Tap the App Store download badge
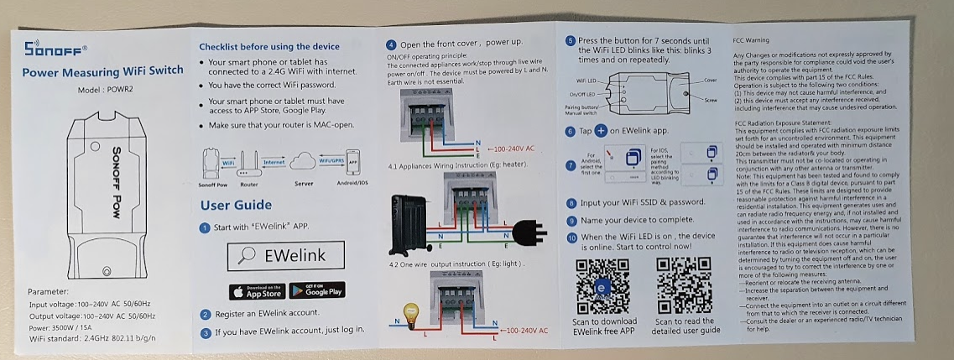257,291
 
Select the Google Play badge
317,291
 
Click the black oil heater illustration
411,225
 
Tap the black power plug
526,228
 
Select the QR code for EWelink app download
604,284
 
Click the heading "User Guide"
236,206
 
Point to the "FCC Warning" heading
750,39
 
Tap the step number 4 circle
391,44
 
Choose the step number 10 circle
571,237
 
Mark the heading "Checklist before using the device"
269,47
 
